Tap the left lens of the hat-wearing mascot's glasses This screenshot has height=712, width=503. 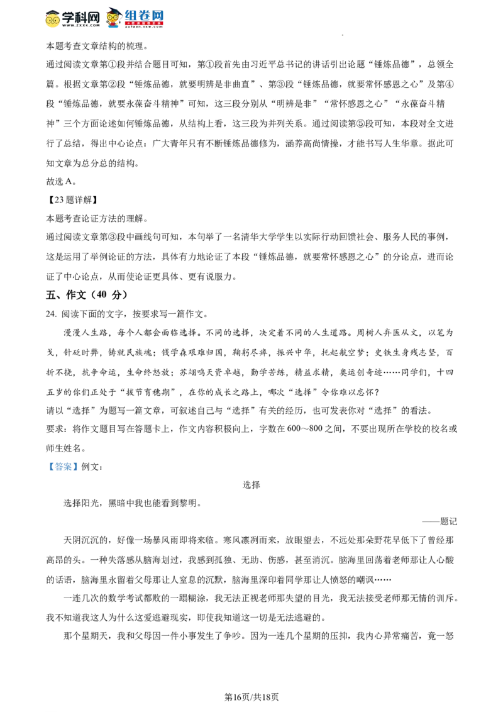49,19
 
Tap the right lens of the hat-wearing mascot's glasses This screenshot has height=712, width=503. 56,19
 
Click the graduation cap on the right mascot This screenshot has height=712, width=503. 113,10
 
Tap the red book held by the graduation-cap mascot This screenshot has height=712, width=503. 113,24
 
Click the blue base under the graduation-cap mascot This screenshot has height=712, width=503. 113,28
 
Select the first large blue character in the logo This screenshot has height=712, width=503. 130,15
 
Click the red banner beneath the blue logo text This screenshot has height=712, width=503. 144,24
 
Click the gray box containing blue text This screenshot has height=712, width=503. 63,465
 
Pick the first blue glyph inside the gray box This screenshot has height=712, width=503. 52,467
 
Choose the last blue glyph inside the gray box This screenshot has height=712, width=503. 74,467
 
